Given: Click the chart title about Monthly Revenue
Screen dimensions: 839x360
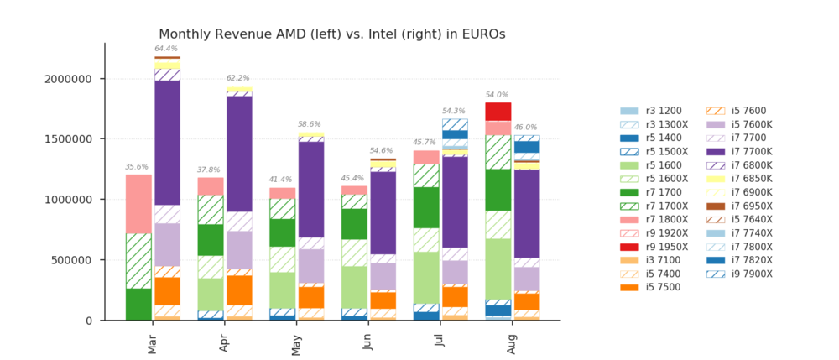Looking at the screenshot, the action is [x=331, y=34].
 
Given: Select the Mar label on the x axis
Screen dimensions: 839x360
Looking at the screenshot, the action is [x=153, y=345].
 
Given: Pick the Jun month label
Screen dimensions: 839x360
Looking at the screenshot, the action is [x=368, y=342].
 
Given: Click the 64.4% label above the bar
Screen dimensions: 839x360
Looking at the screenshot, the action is [x=166, y=49].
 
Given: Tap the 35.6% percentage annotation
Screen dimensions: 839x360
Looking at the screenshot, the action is [x=137, y=167].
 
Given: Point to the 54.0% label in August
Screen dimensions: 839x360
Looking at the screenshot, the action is [x=497, y=95].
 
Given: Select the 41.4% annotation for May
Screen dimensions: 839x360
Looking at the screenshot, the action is [x=280, y=180].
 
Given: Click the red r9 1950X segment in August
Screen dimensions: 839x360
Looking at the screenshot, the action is [x=498, y=112].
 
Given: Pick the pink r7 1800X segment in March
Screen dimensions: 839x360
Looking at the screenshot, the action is [x=138, y=204].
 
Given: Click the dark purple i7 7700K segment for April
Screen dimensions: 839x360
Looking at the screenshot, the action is [x=239, y=154].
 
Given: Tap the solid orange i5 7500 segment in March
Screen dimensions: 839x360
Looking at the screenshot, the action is [x=168, y=291].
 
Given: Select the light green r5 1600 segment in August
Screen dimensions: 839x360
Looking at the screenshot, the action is [x=498, y=269].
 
